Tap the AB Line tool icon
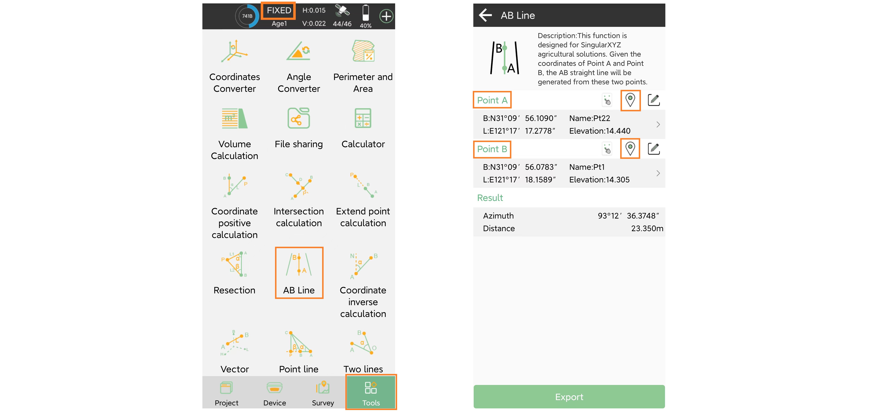tap(299, 264)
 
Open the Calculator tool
tap(363, 118)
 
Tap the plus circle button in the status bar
tap(386, 16)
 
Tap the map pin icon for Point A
tap(630, 100)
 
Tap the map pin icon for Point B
tap(630, 149)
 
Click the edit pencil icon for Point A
tap(654, 100)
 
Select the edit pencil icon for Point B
tap(654, 149)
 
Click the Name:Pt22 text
tap(590, 118)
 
